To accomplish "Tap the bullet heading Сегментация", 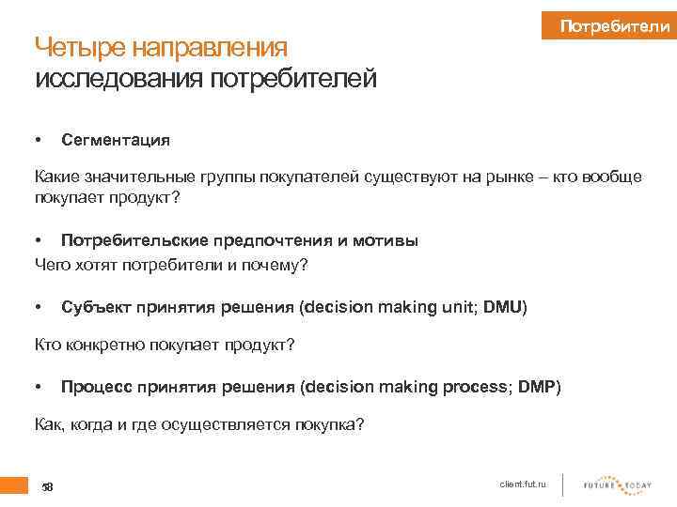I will (x=116, y=140).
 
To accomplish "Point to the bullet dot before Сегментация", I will (x=39, y=140).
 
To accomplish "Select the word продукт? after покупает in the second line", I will (x=149, y=198).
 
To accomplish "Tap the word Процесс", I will (x=92, y=387).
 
